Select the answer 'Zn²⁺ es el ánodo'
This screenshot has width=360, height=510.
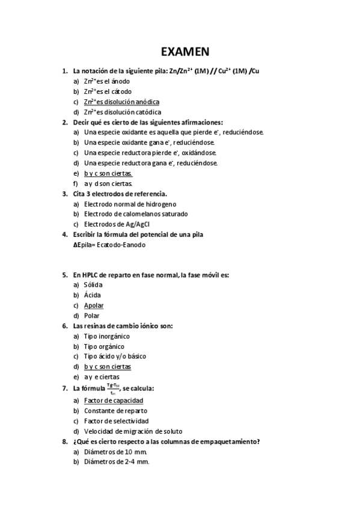coord(107,81)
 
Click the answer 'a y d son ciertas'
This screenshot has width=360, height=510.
coord(108,183)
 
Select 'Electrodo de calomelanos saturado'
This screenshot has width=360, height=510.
coord(136,214)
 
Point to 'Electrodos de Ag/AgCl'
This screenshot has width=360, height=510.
coord(117,224)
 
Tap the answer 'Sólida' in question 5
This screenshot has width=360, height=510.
coord(93,284)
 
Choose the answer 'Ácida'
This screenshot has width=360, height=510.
coord(93,295)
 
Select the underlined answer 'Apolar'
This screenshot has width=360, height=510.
coord(94,305)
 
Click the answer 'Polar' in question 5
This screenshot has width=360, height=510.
coord(92,315)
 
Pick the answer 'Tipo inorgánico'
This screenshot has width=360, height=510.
coord(107,336)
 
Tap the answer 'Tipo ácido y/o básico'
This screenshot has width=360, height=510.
coord(115,356)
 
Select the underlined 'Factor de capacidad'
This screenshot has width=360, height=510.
coord(114,401)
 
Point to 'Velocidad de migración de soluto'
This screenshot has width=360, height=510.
coord(133,431)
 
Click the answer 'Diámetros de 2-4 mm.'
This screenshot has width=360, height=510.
coord(117,462)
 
